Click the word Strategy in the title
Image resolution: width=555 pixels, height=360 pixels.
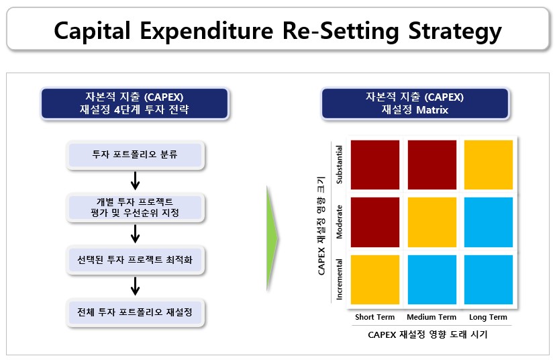(x=455, y=31)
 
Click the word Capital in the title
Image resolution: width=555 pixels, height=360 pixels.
(x=92, y=31)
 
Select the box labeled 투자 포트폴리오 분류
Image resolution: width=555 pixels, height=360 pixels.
(x=135, y=155)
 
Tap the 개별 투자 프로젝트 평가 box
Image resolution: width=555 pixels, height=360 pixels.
(x=135, y=208)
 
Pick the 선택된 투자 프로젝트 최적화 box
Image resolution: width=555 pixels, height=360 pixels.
(x=135, y=260)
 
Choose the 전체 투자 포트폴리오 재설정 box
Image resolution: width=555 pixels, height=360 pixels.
(x=135, y=312)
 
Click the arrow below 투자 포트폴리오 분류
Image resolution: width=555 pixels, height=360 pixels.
(x=135, y=181)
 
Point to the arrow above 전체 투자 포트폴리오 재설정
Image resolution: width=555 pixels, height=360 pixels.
(x=135, y=285)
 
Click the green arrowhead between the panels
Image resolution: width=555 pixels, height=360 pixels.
(x=272, y=238)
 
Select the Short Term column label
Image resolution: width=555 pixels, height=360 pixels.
(x=375, y=317)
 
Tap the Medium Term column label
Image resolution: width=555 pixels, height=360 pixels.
(x=432, y=317)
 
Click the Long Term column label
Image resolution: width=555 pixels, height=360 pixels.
(x=488, y=317)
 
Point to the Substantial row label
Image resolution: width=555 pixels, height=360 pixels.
(x=339, y=165)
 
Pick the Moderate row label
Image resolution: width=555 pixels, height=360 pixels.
(x=339, y=222)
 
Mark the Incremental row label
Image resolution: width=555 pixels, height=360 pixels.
(x=339, y=279)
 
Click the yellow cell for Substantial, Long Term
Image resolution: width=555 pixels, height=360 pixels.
(x=489, y=165)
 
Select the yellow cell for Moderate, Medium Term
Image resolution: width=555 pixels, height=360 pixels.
(x=432, y=222)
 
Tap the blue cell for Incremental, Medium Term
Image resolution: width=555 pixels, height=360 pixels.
(x=432, y=279)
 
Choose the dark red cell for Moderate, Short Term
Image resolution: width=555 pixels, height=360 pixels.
(x=375, y=222)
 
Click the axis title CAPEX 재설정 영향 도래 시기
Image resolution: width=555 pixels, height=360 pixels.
(x=427, y=334)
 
